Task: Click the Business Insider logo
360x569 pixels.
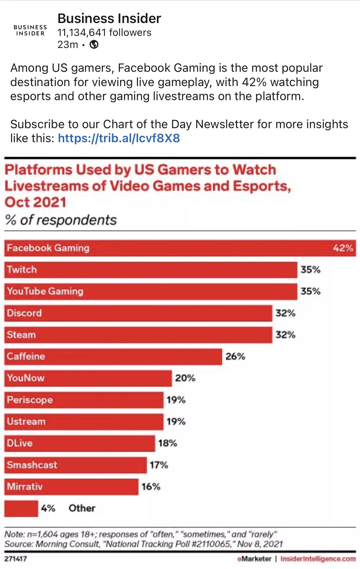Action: [x=30, y=30]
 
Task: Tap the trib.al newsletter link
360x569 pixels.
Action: [x=119, y=138]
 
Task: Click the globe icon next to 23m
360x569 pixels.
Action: [x=94, y=45]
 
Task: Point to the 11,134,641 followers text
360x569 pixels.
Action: [x=104, y=33]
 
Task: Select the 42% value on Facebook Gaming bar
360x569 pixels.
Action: [x=343, y=248]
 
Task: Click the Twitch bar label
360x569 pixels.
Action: [x=22, y=269]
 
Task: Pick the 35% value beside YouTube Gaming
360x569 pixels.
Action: [x=310, y=291]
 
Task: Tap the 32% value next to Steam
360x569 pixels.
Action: [x=285, y=335]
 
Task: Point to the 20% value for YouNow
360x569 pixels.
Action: [x=185, y=378]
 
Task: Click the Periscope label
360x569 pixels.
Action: [x=30, y=400]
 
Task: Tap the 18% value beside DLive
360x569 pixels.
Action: [x=167, y=443]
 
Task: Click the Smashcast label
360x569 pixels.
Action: [x=32, y=465]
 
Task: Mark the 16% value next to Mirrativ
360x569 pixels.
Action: [x=151, y=487]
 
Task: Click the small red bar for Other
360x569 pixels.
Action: [x=21, y=508]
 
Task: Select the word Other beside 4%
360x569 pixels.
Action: [x=82, y=508]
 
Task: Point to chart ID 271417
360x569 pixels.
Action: [x=16, y=559]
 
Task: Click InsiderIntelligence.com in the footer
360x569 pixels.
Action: [x=318, y=559]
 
